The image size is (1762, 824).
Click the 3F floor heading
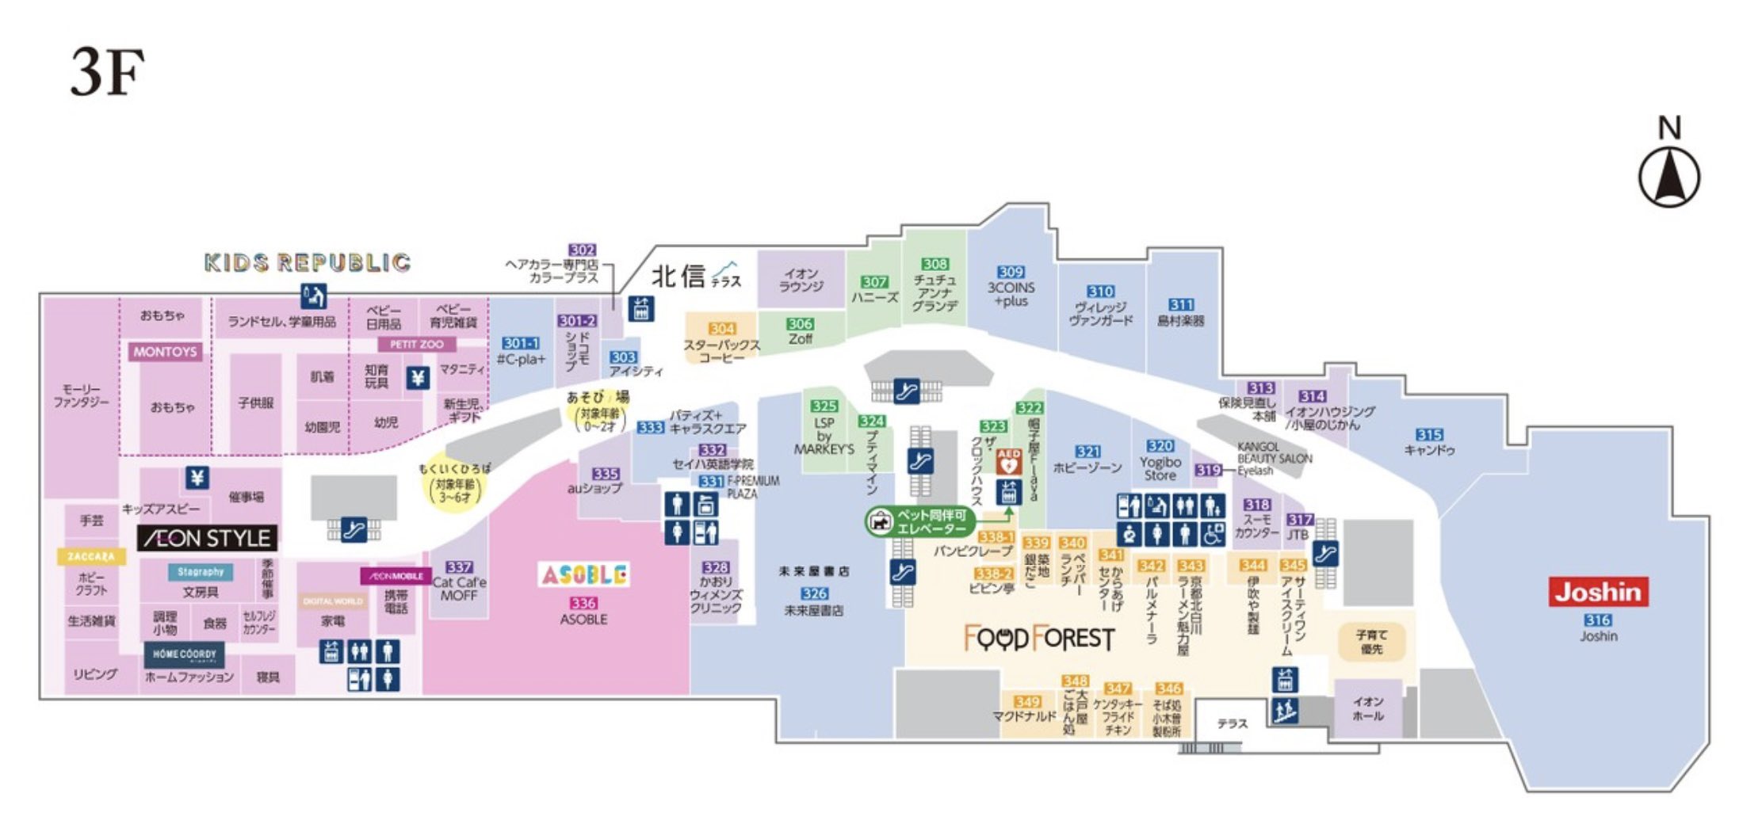click(x=108, y=72)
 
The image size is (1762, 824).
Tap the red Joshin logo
click(x=1598, y=592)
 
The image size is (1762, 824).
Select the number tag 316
click(x=1598, y=620)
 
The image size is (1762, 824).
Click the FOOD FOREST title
click(x=1039, y=638)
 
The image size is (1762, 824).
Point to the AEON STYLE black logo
click(x=208, y=539)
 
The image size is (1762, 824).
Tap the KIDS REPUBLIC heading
click(x=308, y=262)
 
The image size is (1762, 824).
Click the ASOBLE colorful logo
click(x=584, y=574)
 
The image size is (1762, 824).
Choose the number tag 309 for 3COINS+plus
click(x=1011, y=272)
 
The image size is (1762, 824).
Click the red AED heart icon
click(x=1008, y=461)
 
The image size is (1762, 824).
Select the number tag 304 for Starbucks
click(x=721, y=328)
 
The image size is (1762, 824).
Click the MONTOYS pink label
click(x=165, y=351)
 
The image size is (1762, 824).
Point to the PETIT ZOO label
click(x=416, y=344)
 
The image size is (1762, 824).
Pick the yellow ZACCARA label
click(x=91, y=556)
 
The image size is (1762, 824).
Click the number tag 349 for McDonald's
click(x=1026, y=701)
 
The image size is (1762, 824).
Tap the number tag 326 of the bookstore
click(x=814, y=593)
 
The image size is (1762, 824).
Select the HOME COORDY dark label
click(x=184, y=654)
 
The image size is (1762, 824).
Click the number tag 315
click(x=1429, y=434)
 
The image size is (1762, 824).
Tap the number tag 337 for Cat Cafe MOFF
click(x=459, y=566)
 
